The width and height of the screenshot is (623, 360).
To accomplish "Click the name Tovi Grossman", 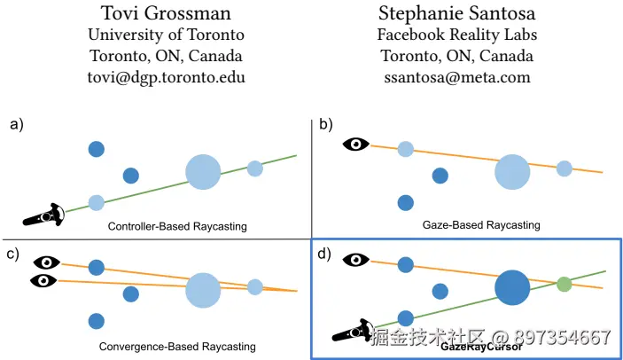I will pyautogui.click(x=166, y=13).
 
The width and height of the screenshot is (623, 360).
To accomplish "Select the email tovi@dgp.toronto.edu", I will pyautogui.click(x=166, y=77).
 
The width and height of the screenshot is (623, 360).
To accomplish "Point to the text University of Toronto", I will pyautogui.click(x=166, y=35).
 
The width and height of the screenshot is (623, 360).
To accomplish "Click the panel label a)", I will pyautogui.click(x=16, y=124).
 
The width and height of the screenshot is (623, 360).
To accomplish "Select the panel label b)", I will pyautogui.click(x=325, y=124).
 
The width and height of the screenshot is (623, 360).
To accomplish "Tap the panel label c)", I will pyautogui.click(x=12, y=254).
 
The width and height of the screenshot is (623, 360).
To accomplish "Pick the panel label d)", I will pyautogui.click(x=324, y=254).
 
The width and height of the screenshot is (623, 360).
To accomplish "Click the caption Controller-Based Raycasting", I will pyautogui.click(x=177, y=227).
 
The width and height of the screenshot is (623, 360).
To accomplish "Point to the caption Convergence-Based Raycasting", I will pyautogui.click(x=177, y=346).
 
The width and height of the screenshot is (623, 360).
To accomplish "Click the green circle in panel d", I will pyautogui.click(x=564, y=284).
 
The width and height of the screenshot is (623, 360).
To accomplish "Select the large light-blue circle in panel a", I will pyautogui.click(x=203, y=171).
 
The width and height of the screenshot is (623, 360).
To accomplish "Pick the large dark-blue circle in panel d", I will pyautogui.click(x=512, y=288).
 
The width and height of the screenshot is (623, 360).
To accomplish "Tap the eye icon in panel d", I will pyautogui.click(x=355, y=260).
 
